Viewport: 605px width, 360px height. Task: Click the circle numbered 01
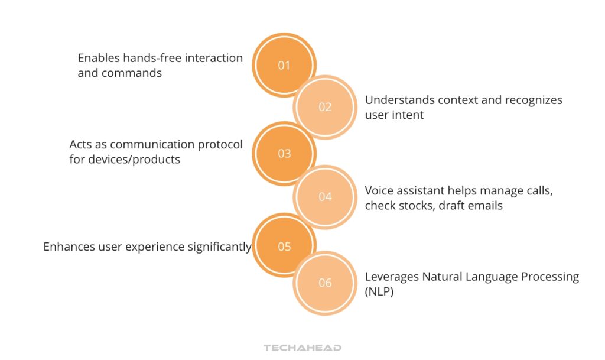pos(284,65)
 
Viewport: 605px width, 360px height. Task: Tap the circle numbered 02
pos(325,107)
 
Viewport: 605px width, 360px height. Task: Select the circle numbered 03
pos(284,153)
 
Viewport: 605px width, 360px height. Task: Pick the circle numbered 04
pos(325,197)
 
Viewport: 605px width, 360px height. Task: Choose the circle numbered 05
pos(284,247)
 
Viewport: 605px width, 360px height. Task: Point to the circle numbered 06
pos(325,283)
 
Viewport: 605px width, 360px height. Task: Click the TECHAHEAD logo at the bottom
pos(302,348)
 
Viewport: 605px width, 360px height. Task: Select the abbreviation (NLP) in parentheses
pos(379,291)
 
